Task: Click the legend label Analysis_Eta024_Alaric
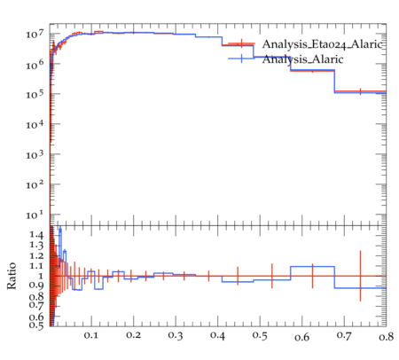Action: [323, 44]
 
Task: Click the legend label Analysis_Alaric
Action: [302, 59]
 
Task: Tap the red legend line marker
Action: [241, 43]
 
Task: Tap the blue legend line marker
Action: [241, 59]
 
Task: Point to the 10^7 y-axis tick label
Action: [35, 34]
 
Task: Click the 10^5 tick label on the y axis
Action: [35, 94]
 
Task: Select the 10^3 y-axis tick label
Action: [35, 154]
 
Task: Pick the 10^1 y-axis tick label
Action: [35, 215]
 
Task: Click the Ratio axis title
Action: [12, 276]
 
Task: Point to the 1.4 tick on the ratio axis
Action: [36, 235]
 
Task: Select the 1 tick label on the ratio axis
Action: [41, 276]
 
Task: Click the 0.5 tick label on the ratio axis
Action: [36, 325]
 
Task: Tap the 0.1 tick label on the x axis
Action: [91, 335]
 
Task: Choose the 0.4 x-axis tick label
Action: [217, 335]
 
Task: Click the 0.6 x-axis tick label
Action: [301, 337]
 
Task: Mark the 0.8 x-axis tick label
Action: [386, 336]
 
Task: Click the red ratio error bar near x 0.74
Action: [360, 276]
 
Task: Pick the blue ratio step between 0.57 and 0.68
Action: [312, 267]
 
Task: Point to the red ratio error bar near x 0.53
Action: [272, 276]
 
